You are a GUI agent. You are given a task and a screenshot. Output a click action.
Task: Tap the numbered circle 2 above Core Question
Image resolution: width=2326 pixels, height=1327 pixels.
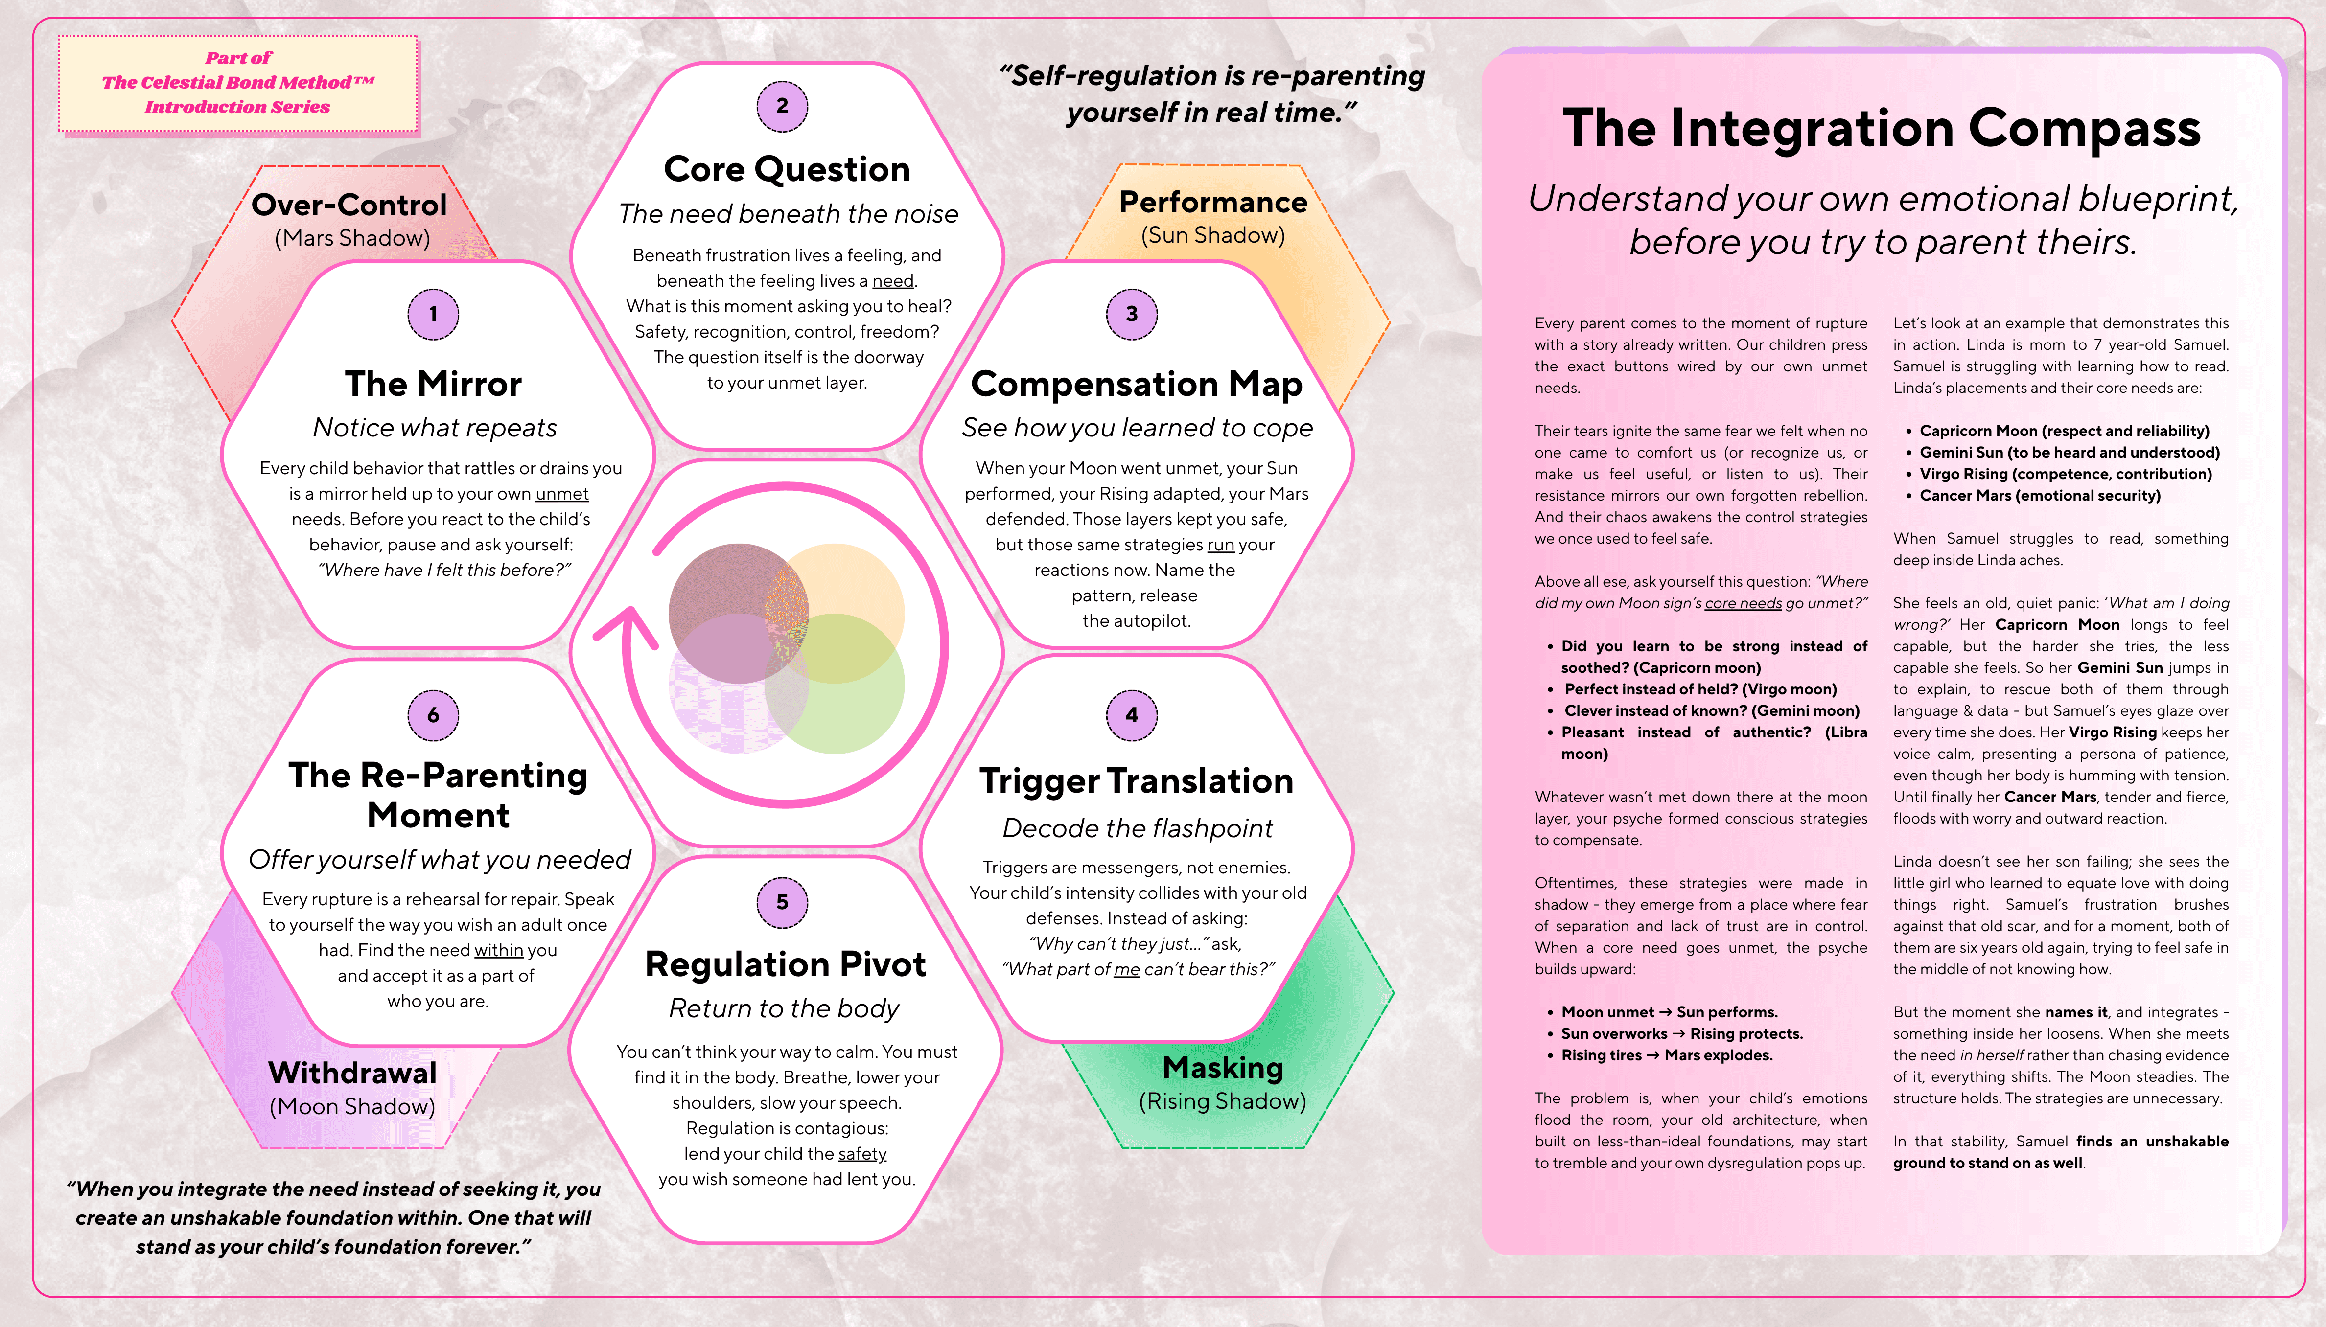[x=782, y=106]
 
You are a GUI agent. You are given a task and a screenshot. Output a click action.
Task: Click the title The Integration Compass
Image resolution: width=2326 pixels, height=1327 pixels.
[x=1881, y=129]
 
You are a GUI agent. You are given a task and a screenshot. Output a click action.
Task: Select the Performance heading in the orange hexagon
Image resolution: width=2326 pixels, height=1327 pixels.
[x=1212, y=202]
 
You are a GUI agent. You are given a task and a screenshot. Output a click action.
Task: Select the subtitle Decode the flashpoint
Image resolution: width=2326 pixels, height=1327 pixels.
[x=1137, y=827]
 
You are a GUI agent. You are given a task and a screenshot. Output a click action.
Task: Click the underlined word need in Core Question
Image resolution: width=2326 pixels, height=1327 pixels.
[x=892, y=281]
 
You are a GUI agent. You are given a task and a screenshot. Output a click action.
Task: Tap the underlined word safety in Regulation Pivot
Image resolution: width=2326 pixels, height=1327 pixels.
[x=862, y=1154]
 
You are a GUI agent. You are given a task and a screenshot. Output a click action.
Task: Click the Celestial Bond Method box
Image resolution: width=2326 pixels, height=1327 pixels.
[x=238, y=83]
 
